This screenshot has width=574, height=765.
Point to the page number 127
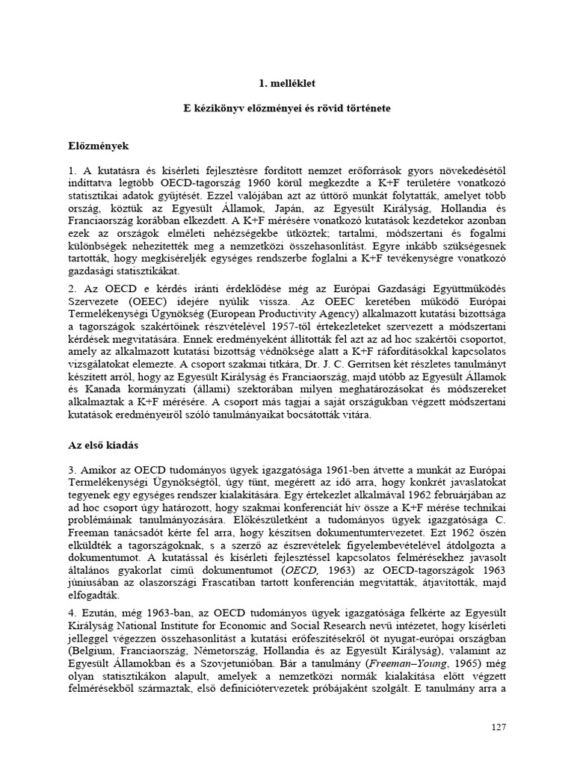point(499,726)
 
